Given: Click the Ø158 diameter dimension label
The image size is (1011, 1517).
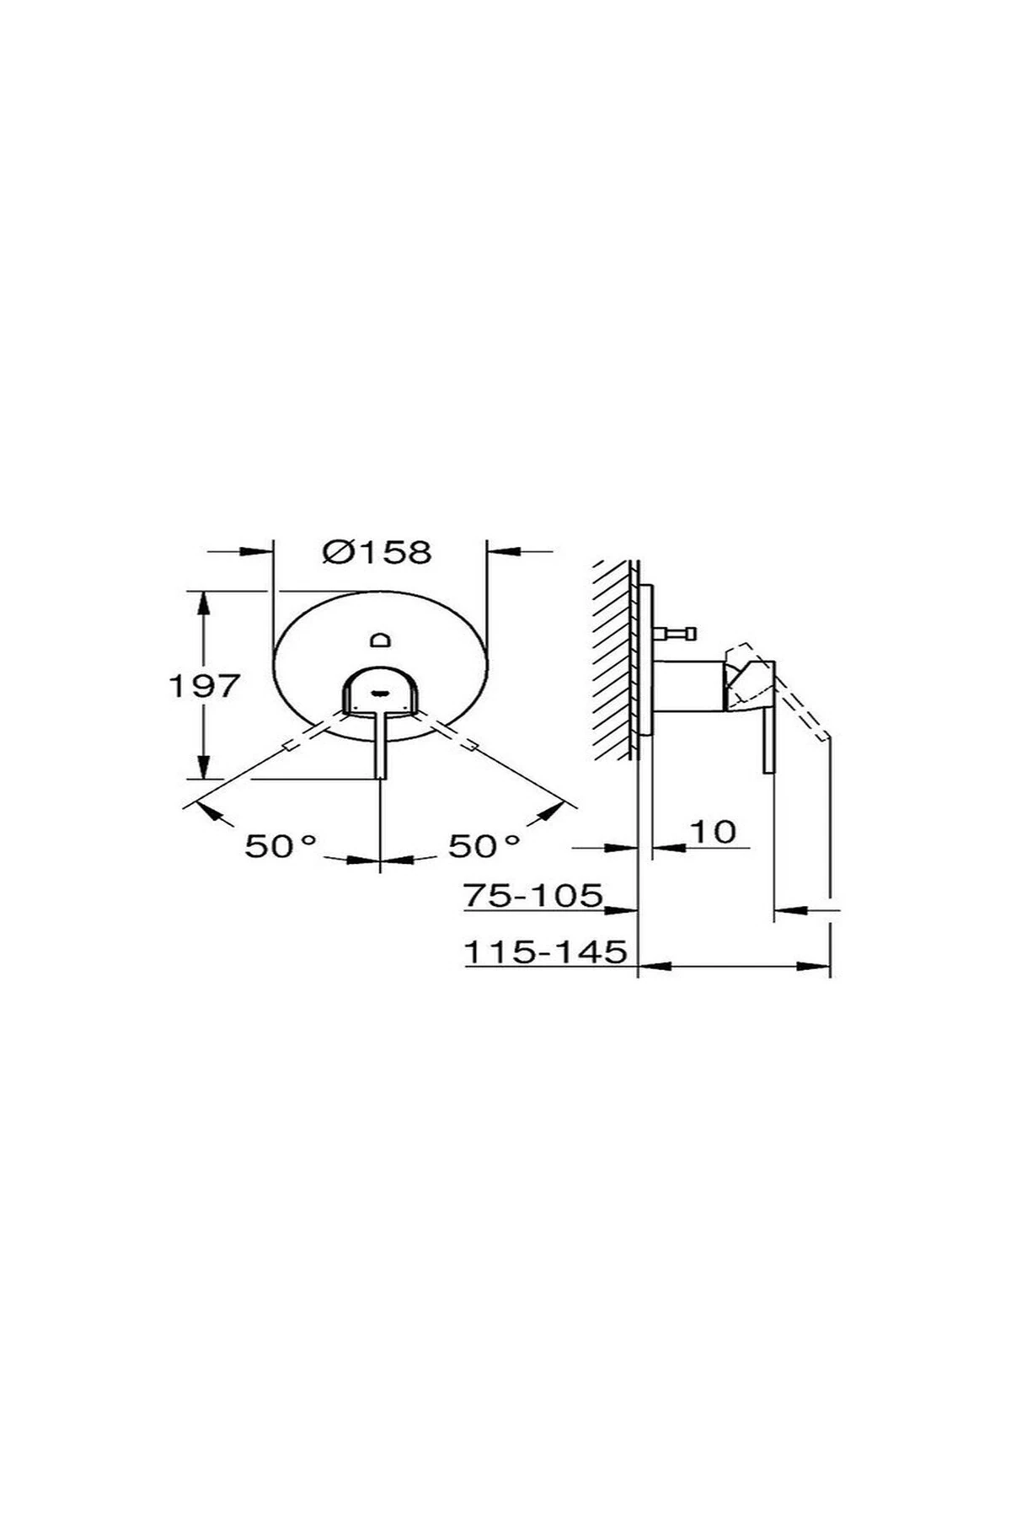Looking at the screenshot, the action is [x=377, y=552].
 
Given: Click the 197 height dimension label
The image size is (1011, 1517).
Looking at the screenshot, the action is [x=206, y=685].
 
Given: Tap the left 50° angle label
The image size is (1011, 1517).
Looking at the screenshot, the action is [x=281, y=845].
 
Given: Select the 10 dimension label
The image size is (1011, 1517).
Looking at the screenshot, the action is [x=713, y=831].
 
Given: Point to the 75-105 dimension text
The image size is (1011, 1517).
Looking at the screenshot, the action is [x=534, y=894].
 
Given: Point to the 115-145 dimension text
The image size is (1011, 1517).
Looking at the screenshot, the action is [x=546, y=951].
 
